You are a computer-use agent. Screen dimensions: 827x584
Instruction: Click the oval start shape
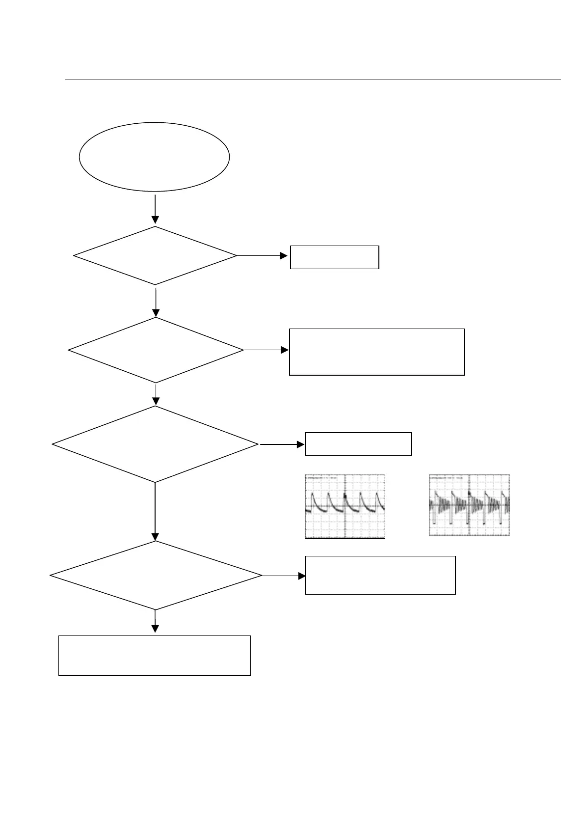[x=154, y=157]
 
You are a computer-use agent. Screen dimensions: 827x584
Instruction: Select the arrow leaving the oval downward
[x=155, y=209]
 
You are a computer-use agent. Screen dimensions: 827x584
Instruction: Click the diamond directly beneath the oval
[x=155, y=255]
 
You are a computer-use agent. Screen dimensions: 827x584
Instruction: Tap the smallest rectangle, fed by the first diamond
[x=334, y=257]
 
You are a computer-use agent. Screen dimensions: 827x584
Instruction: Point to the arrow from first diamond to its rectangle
[x=263, y=255]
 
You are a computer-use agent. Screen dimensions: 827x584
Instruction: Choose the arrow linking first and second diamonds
[x=156, y=302]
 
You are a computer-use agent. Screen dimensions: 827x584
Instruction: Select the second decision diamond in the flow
[x=156, y=350]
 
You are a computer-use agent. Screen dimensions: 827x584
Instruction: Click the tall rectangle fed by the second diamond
[x=376, y=352]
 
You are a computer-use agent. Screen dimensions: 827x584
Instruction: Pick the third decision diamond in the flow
[x=155, y=444]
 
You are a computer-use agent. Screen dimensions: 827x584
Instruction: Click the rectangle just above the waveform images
[x=358, y=444]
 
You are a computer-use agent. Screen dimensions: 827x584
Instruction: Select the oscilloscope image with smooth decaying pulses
[x=345, y=506]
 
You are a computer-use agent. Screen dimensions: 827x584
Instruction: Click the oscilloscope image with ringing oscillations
[x=469, y=505]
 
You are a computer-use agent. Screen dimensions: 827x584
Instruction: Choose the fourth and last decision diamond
[x=156, y=575]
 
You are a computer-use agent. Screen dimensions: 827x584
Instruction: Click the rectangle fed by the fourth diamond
[x=380, y=575]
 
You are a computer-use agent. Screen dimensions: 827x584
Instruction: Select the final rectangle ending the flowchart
[x=154, y=655]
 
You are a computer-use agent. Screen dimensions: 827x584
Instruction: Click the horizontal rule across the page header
[x=313, y=80]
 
